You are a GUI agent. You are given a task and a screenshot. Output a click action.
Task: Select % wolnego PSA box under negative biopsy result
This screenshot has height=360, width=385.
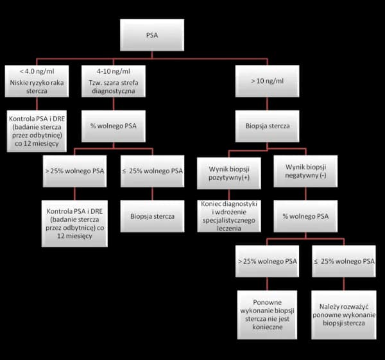tap(305, 216)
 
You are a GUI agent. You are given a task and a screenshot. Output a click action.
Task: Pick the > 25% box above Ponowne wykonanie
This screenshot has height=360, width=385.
tap(267, 261)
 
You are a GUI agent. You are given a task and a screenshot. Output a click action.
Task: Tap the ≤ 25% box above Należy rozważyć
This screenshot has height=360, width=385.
tap(343, 261)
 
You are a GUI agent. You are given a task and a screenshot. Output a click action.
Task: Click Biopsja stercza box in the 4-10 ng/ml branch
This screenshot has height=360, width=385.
tap(152, 216)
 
